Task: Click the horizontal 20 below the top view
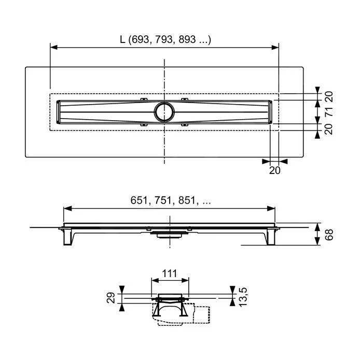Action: tap(274, 170)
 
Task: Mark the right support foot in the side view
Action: tap(270, 237)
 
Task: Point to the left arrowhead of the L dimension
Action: tap(52, 47)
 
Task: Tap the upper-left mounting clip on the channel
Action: tap(144, 98)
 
